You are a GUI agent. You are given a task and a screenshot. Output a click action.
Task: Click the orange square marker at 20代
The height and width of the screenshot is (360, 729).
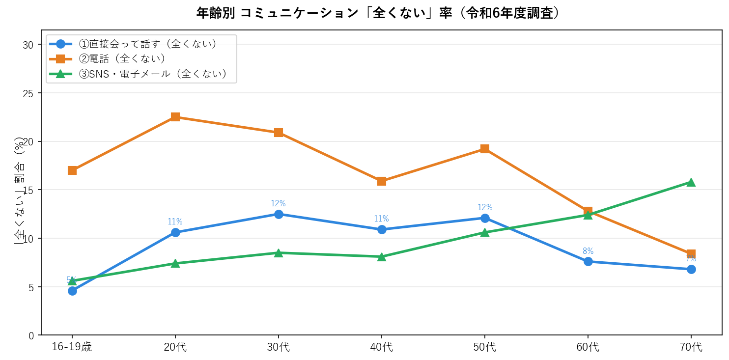175,117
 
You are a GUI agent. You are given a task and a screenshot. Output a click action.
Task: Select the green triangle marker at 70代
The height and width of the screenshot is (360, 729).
691,182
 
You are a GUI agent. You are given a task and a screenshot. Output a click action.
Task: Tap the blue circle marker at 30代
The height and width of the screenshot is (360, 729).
279,214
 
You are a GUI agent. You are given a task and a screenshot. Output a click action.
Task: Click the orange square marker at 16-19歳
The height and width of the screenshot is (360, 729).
72,170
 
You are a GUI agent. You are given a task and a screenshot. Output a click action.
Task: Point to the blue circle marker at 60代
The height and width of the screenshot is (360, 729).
588,261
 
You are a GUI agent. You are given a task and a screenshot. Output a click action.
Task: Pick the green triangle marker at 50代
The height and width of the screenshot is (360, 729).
485,232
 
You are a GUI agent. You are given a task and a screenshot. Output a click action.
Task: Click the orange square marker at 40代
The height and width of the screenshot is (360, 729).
382,181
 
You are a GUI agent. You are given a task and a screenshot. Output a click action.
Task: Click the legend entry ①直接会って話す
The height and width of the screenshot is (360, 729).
147,44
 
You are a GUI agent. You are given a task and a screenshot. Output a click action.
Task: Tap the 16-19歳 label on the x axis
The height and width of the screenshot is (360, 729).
72,347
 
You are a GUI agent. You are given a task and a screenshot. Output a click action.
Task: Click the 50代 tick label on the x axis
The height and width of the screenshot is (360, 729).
485,347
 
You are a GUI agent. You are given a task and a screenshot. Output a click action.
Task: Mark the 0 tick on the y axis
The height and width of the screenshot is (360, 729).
31,335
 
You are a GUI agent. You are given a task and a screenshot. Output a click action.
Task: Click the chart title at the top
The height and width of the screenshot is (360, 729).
378,13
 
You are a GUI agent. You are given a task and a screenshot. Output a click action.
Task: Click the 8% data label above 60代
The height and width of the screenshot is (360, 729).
588,251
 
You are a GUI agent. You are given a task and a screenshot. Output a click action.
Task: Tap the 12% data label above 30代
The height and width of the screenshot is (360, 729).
279,203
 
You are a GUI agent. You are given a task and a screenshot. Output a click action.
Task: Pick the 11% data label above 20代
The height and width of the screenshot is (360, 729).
175,222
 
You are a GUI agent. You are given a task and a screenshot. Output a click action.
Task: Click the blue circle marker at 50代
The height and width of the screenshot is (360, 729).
485,218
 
